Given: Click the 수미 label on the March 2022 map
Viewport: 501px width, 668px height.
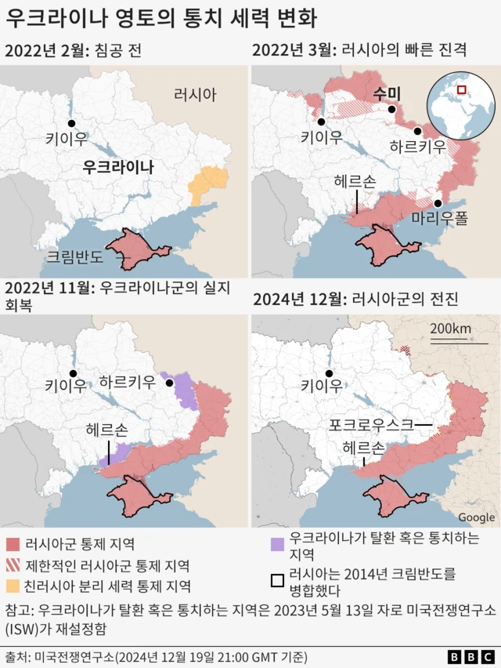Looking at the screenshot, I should point(387,93).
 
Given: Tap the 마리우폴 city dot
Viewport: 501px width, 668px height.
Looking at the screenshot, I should point(438,203).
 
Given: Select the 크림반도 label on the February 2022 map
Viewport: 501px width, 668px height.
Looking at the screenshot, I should point(73,255).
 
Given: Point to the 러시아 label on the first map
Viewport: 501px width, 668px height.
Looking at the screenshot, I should point(195,95).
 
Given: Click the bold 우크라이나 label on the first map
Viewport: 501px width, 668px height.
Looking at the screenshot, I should point(118,167).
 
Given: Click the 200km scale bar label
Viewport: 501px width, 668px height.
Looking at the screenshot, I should point(451,327).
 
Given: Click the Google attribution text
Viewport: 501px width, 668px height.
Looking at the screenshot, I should point(476,517).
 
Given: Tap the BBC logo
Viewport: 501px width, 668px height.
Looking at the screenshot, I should point(470,656).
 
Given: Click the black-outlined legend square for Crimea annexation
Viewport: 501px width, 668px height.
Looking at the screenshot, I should point(276,581).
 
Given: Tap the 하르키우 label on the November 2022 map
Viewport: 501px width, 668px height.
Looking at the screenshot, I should point(128,383).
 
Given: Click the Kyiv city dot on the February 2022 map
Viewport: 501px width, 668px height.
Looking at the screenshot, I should point(70,124).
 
